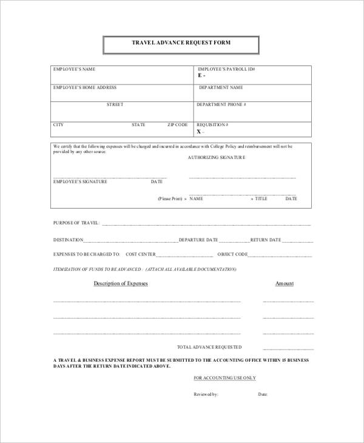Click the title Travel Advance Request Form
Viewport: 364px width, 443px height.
click(x=181, y=43)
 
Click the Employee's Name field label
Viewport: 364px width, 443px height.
click(x=74, y=70)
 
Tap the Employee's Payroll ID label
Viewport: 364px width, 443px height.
click(x=226, y=70)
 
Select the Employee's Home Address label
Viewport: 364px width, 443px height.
click(x=85, y=87)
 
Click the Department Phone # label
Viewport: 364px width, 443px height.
click(x=221, y=104)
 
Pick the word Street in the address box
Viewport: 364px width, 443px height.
click(x=115, y=104)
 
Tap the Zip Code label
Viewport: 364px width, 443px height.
click(x=178, y=125)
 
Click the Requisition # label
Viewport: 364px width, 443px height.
click(x=212, y=125)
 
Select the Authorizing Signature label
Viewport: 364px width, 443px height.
click(x=217, y=157)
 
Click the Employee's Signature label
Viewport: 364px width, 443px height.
click(x=80, y=181)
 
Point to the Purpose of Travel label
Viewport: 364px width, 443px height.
click(x=76, y=223)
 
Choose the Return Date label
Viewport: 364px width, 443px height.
click(x=266, y=240)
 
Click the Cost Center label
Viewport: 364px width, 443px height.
click(x=141, y=254)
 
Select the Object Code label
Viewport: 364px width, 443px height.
click(x=233, y=254)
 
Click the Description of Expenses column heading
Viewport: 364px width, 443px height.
click(x=120, y=283)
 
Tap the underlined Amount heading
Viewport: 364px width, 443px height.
click(x=285, y=283)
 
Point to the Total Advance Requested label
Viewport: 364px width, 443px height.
click(x=209, y=347)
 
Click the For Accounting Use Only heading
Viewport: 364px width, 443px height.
click(x=224, y=378)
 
